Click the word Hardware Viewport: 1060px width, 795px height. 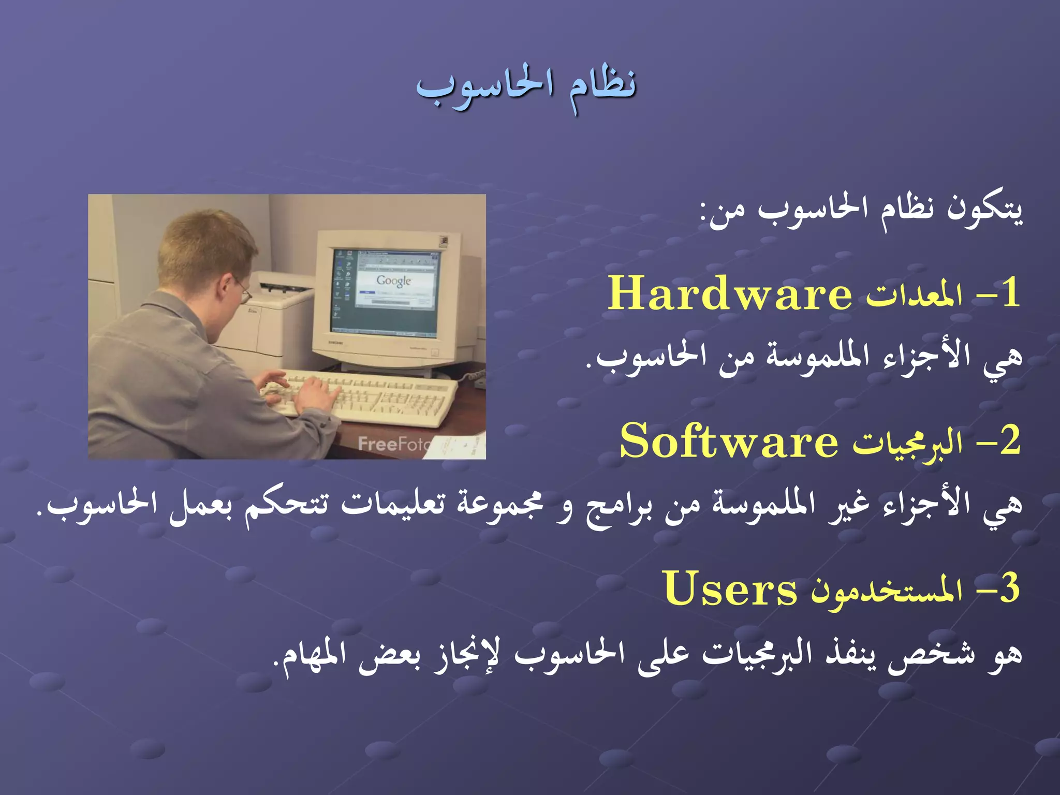point(730,293)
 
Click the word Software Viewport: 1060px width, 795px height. point(729,441)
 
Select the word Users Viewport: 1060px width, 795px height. point(730,589)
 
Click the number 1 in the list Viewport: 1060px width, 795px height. point(1009,293)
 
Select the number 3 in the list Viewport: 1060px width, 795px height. point(1009,589)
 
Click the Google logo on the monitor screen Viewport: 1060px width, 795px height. point(394,281)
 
